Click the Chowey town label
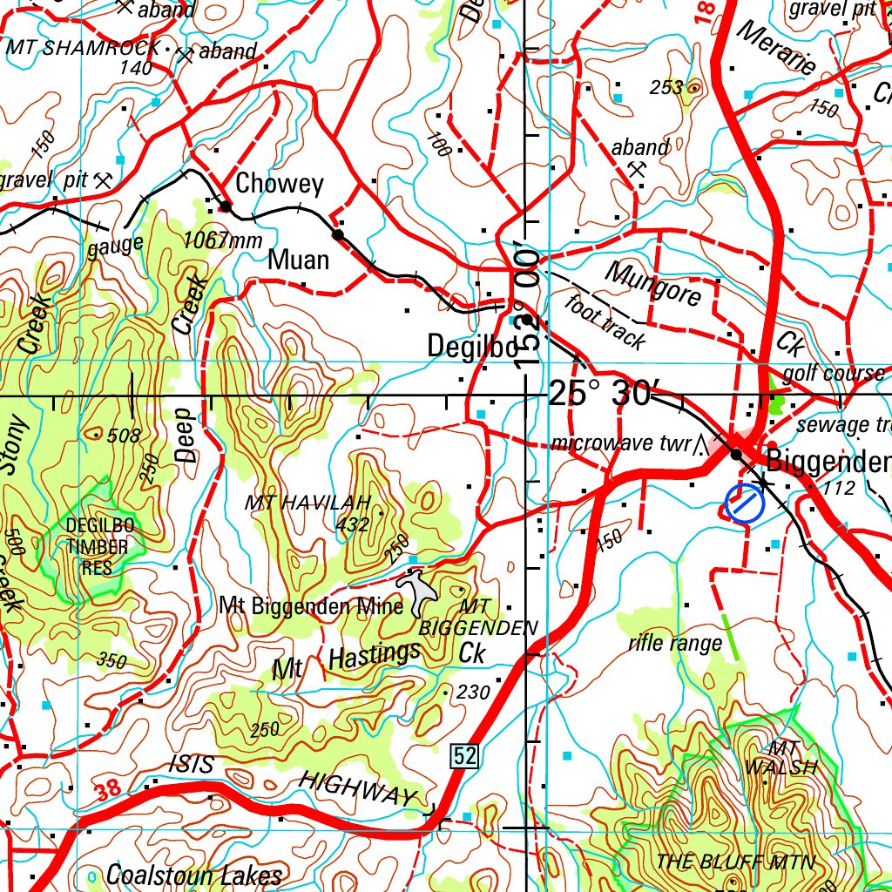[x=279, y=184]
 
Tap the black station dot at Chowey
[x=226, y=206]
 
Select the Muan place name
[x=299, y=260]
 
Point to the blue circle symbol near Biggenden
[x=743, y=504]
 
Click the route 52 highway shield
[x=465, y=757]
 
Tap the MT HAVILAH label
[x=307, y=503]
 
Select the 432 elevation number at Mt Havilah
[x=352, y=524]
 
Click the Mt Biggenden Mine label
[x=311, y=605]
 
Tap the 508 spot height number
[x=124, y=436]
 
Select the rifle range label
[x=675, y=644]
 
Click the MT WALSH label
[x=781, y=758]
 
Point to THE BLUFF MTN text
[x=736, y=862]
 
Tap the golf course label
[x=834, y=374]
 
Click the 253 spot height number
[x=666, y=87]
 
